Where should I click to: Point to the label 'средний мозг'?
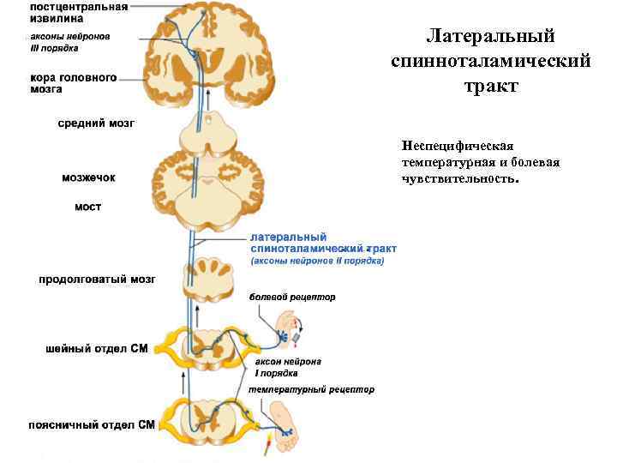[x=96, y=123]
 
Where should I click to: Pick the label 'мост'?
[x=87, y=207]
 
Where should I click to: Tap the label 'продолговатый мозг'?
[x=96, y=280]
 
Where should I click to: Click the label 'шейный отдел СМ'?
[x=97, y=349]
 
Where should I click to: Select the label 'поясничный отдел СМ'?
[x=91, y=424]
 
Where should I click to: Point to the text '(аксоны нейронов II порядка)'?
[x=317, y=261]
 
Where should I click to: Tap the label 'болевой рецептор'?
[x=292, y=298]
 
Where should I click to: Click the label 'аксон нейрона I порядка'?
[x=288, y=367]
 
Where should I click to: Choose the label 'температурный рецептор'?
[x=311, y=389]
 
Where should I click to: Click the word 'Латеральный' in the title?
[x=490, y=37]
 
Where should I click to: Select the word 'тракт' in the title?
[x=490, y=87]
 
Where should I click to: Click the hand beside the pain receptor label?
[x=289, y=330]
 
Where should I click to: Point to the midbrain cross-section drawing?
[x=203, y=133]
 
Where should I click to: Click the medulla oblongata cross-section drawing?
[x=203, y=281]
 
